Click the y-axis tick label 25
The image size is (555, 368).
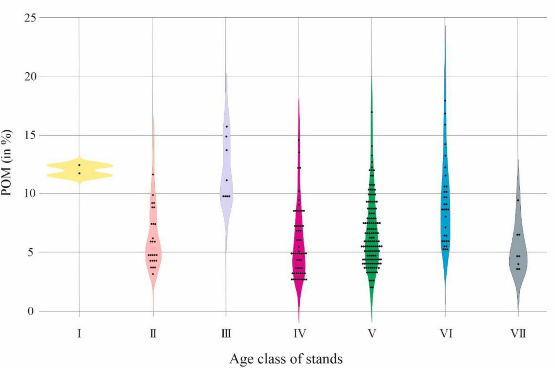30,17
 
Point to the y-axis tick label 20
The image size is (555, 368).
30,76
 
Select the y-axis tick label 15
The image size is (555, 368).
30,135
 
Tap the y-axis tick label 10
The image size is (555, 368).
30,194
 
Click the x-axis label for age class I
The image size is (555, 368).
79,334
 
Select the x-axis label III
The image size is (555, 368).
226,334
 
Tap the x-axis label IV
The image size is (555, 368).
299,334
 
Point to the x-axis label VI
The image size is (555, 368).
446,334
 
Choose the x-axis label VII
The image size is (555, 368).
518,334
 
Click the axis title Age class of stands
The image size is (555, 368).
286,359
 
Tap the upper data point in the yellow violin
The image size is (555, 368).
79,165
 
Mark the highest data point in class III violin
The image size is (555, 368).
227,127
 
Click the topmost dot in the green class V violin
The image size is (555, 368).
372,112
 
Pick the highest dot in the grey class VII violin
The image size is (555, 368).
518,200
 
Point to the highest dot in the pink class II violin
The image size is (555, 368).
153,174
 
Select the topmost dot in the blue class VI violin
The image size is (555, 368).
445,100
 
